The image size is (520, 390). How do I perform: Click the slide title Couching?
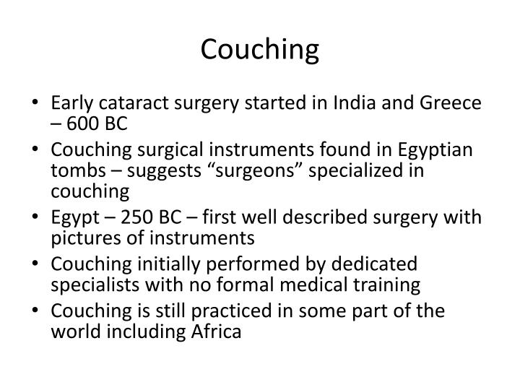pyautogui.click(x=259, y=49)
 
